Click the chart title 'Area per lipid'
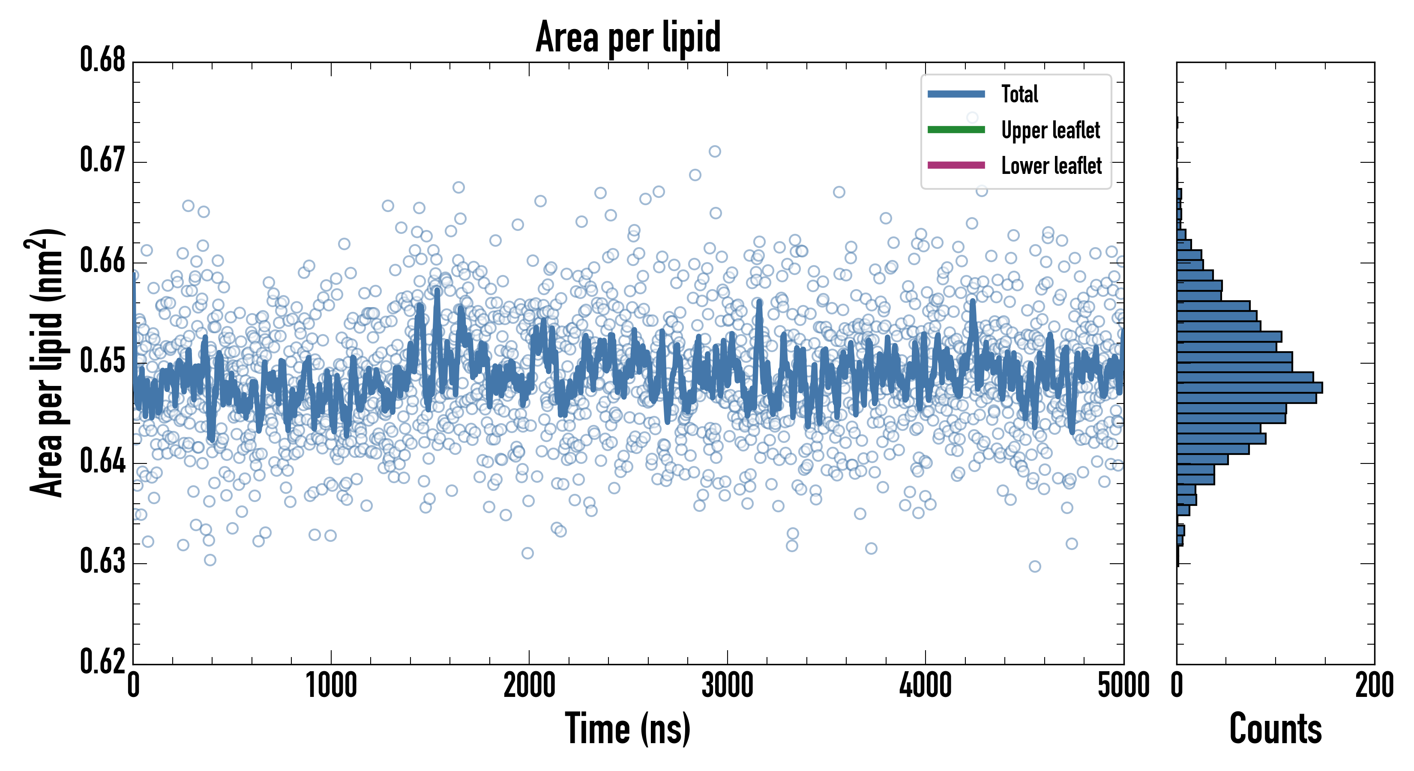[628, 37]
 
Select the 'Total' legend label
[1019, 94]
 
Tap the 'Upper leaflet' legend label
[1050, 130]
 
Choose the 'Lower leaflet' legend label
[1051, 165]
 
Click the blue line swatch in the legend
[956, 94]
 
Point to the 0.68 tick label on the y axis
[103, 60]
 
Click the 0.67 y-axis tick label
[103, 160]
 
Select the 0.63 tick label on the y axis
[103, 562]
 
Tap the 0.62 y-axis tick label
[103, 661]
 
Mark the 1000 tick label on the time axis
[331, 686]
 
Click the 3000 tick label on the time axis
[727, 686]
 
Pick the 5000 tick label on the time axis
[1123, 686]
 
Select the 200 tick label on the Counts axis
[1374, 686]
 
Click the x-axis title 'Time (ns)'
[628, 729]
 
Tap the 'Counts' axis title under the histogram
[1275, 729]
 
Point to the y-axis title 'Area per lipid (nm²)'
[46, 363]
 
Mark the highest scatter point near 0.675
[972, 117]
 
